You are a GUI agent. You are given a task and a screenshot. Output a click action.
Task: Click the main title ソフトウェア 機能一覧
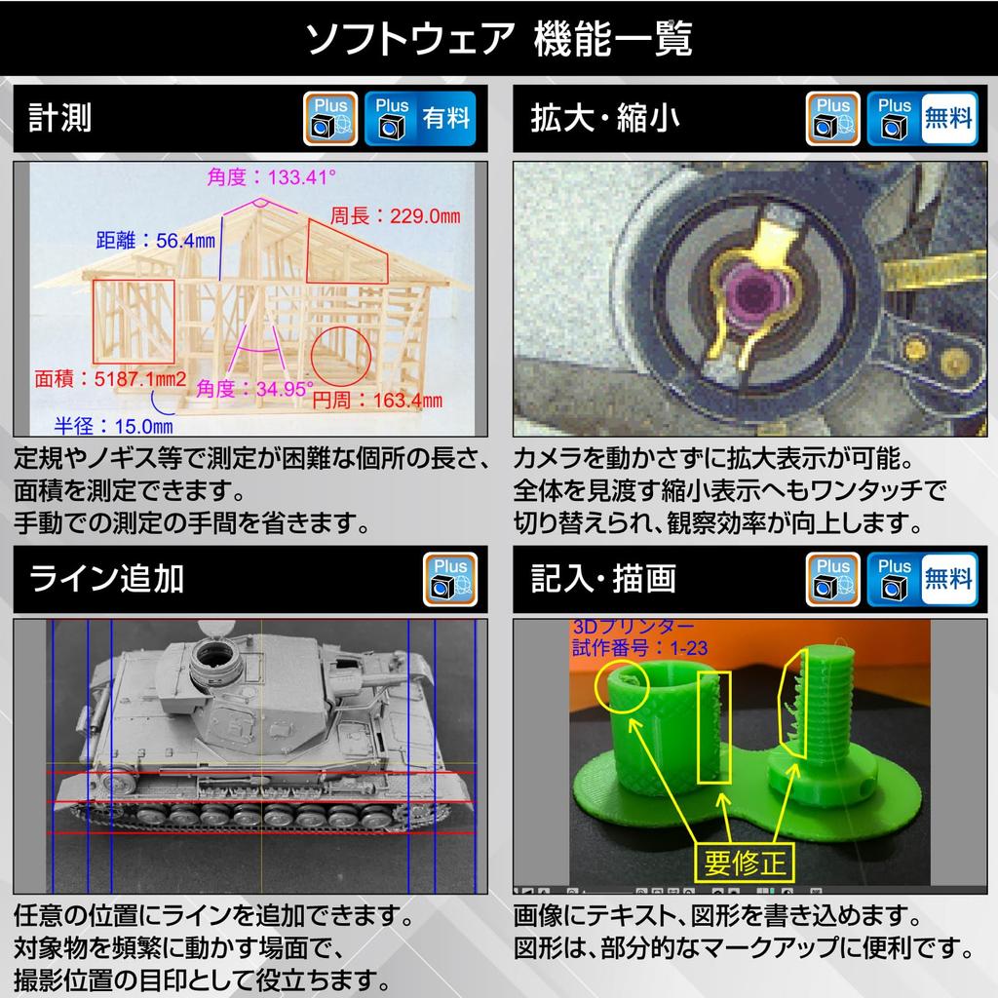click(498, 39)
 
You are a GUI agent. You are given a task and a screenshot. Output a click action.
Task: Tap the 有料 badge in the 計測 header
click(445, 119)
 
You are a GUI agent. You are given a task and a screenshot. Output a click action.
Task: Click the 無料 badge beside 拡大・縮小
click(948, 119)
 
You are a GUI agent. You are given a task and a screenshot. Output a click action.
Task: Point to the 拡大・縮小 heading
click(604, 119)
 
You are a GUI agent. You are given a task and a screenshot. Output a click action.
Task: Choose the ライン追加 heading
click(106, 579)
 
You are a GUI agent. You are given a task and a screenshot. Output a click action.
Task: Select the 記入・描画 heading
click(604, 579)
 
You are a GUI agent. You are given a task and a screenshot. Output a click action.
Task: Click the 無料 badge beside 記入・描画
click(948, 579)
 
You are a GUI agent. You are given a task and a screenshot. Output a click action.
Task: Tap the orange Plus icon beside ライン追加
click(450, 579)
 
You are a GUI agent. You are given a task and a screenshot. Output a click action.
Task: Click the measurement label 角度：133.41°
click(271, 177)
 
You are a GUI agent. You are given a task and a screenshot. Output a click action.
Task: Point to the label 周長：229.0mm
click(395, 215)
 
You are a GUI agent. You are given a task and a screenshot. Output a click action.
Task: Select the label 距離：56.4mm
click(156, 240)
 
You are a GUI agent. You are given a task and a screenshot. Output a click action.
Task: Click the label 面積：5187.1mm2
click(109, 378)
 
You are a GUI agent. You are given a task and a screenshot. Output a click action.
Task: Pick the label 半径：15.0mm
click(113, 425)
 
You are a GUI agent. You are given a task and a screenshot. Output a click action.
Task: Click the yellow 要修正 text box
click(744, 863)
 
